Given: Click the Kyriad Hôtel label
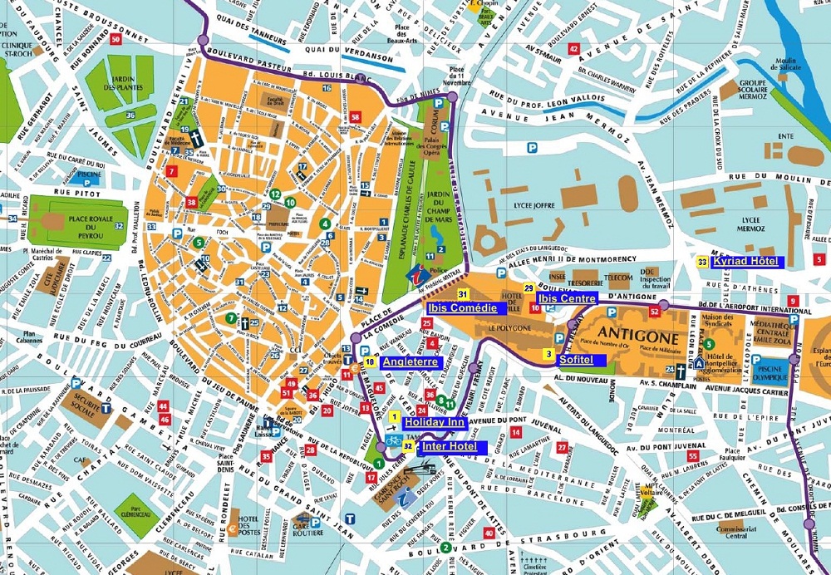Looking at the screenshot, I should click(x=748, y=262).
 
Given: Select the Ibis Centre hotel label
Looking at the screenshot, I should click(x=567, y=297).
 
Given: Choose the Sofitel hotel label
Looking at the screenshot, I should click(x=576, y=360).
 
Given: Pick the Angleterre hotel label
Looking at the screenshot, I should click(x=410, y=361).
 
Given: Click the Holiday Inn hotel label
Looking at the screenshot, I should click(x=434, y=422).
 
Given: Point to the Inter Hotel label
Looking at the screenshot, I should click(x=450, y=446).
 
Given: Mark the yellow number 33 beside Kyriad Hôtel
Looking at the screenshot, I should click(x=702, y=262).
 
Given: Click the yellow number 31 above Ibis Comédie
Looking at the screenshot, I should click(x=464, y=294).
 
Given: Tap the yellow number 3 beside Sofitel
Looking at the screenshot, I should click(x=548, y=354).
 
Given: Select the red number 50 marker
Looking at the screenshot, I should click(x=115, y=39).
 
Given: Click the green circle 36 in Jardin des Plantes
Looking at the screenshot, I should click(x=130, y=115).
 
